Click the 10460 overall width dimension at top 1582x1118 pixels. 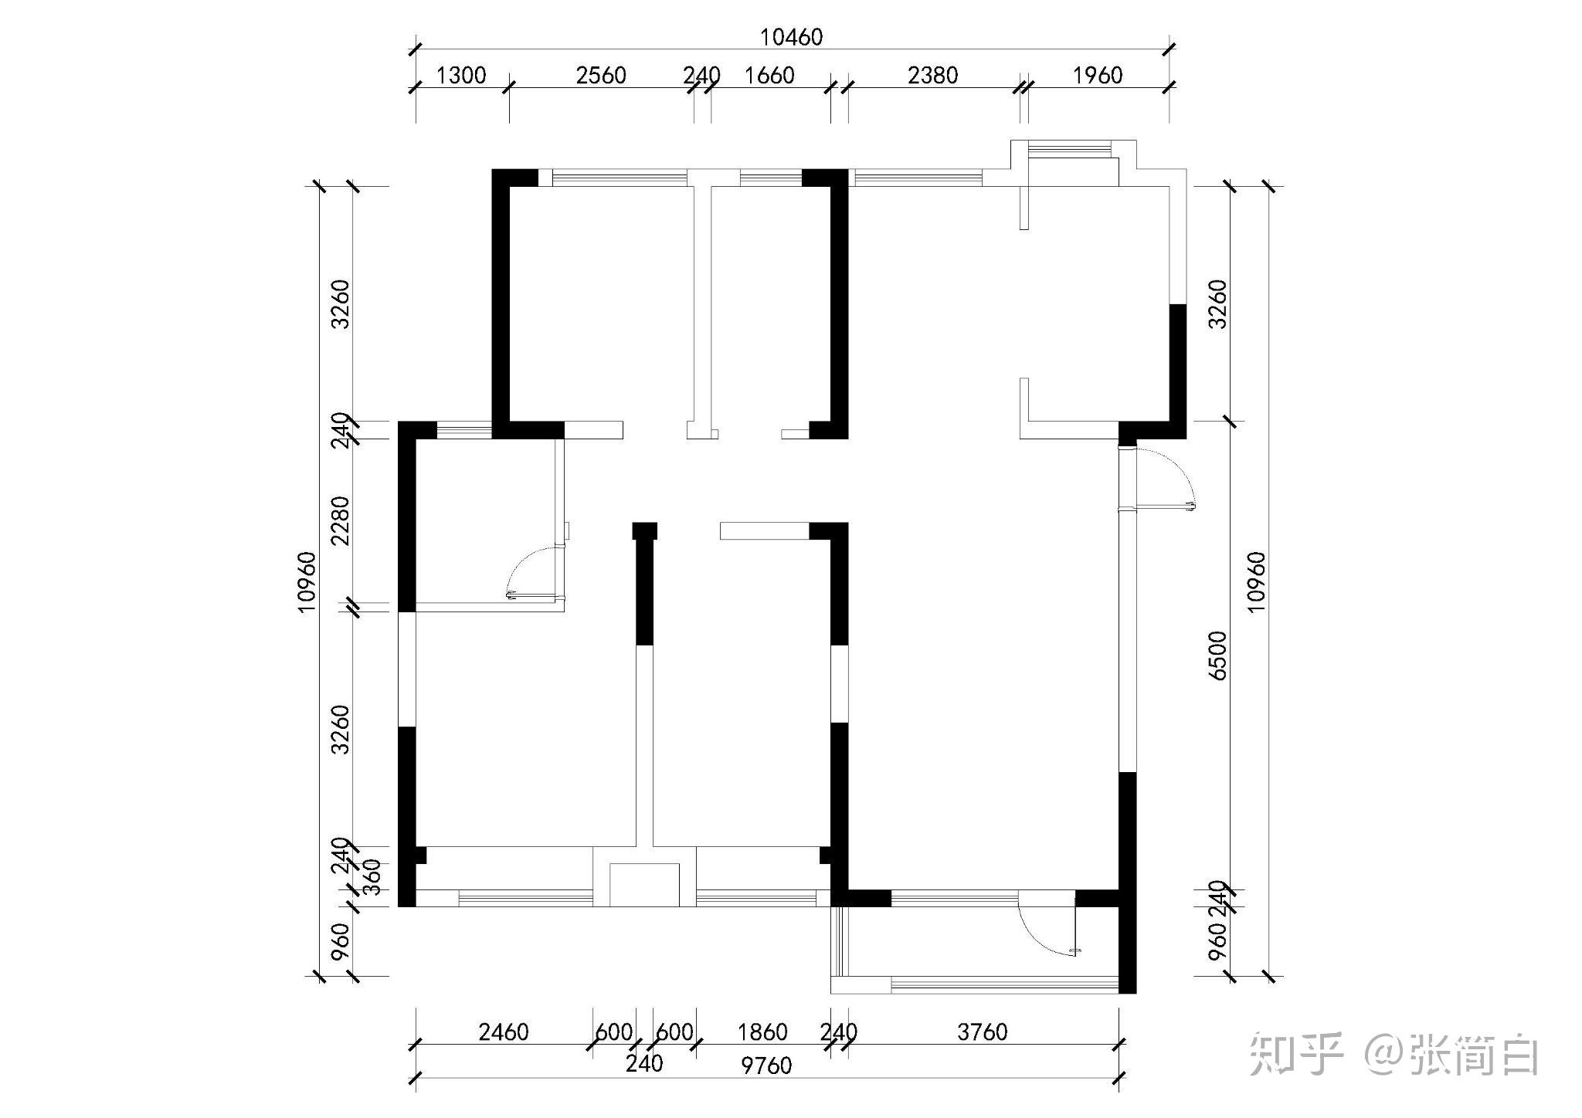point(792,37)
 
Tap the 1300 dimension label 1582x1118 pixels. point(461,75)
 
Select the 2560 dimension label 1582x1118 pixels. point(601,75)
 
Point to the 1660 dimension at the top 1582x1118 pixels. point(769,75)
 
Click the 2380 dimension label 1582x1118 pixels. point(933,75)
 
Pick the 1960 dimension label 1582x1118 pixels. point(1098,75)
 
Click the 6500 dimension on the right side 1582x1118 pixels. point(1217,656)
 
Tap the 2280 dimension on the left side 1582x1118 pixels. point(340,520)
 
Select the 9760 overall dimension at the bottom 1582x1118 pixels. point(766,1065)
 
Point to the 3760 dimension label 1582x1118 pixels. point(983,1032)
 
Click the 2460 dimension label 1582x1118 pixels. point(504,1032)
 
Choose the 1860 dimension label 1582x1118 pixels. point(762,1032)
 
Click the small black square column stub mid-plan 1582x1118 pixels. point(645,531)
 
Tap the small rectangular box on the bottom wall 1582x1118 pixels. point(644,885)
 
